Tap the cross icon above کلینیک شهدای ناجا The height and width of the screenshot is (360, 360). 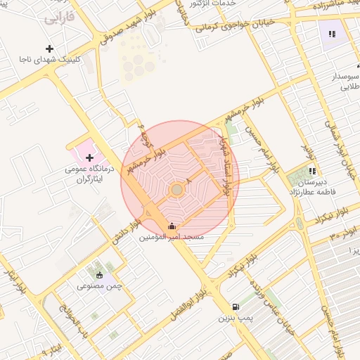[x=49, y=49]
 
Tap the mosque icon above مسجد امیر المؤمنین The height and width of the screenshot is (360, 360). [x=173, y=226]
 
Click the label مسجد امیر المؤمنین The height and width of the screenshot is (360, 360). [x=173, y=238]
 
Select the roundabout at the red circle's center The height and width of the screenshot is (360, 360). [x=177, y=190]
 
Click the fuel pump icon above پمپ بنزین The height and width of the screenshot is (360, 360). [x=236, y=307]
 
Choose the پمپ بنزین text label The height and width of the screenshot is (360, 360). [x=235, y=319]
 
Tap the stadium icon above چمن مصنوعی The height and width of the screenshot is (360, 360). [x=99, y=275]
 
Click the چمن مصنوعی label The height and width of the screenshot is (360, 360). [x=98, y=287]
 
